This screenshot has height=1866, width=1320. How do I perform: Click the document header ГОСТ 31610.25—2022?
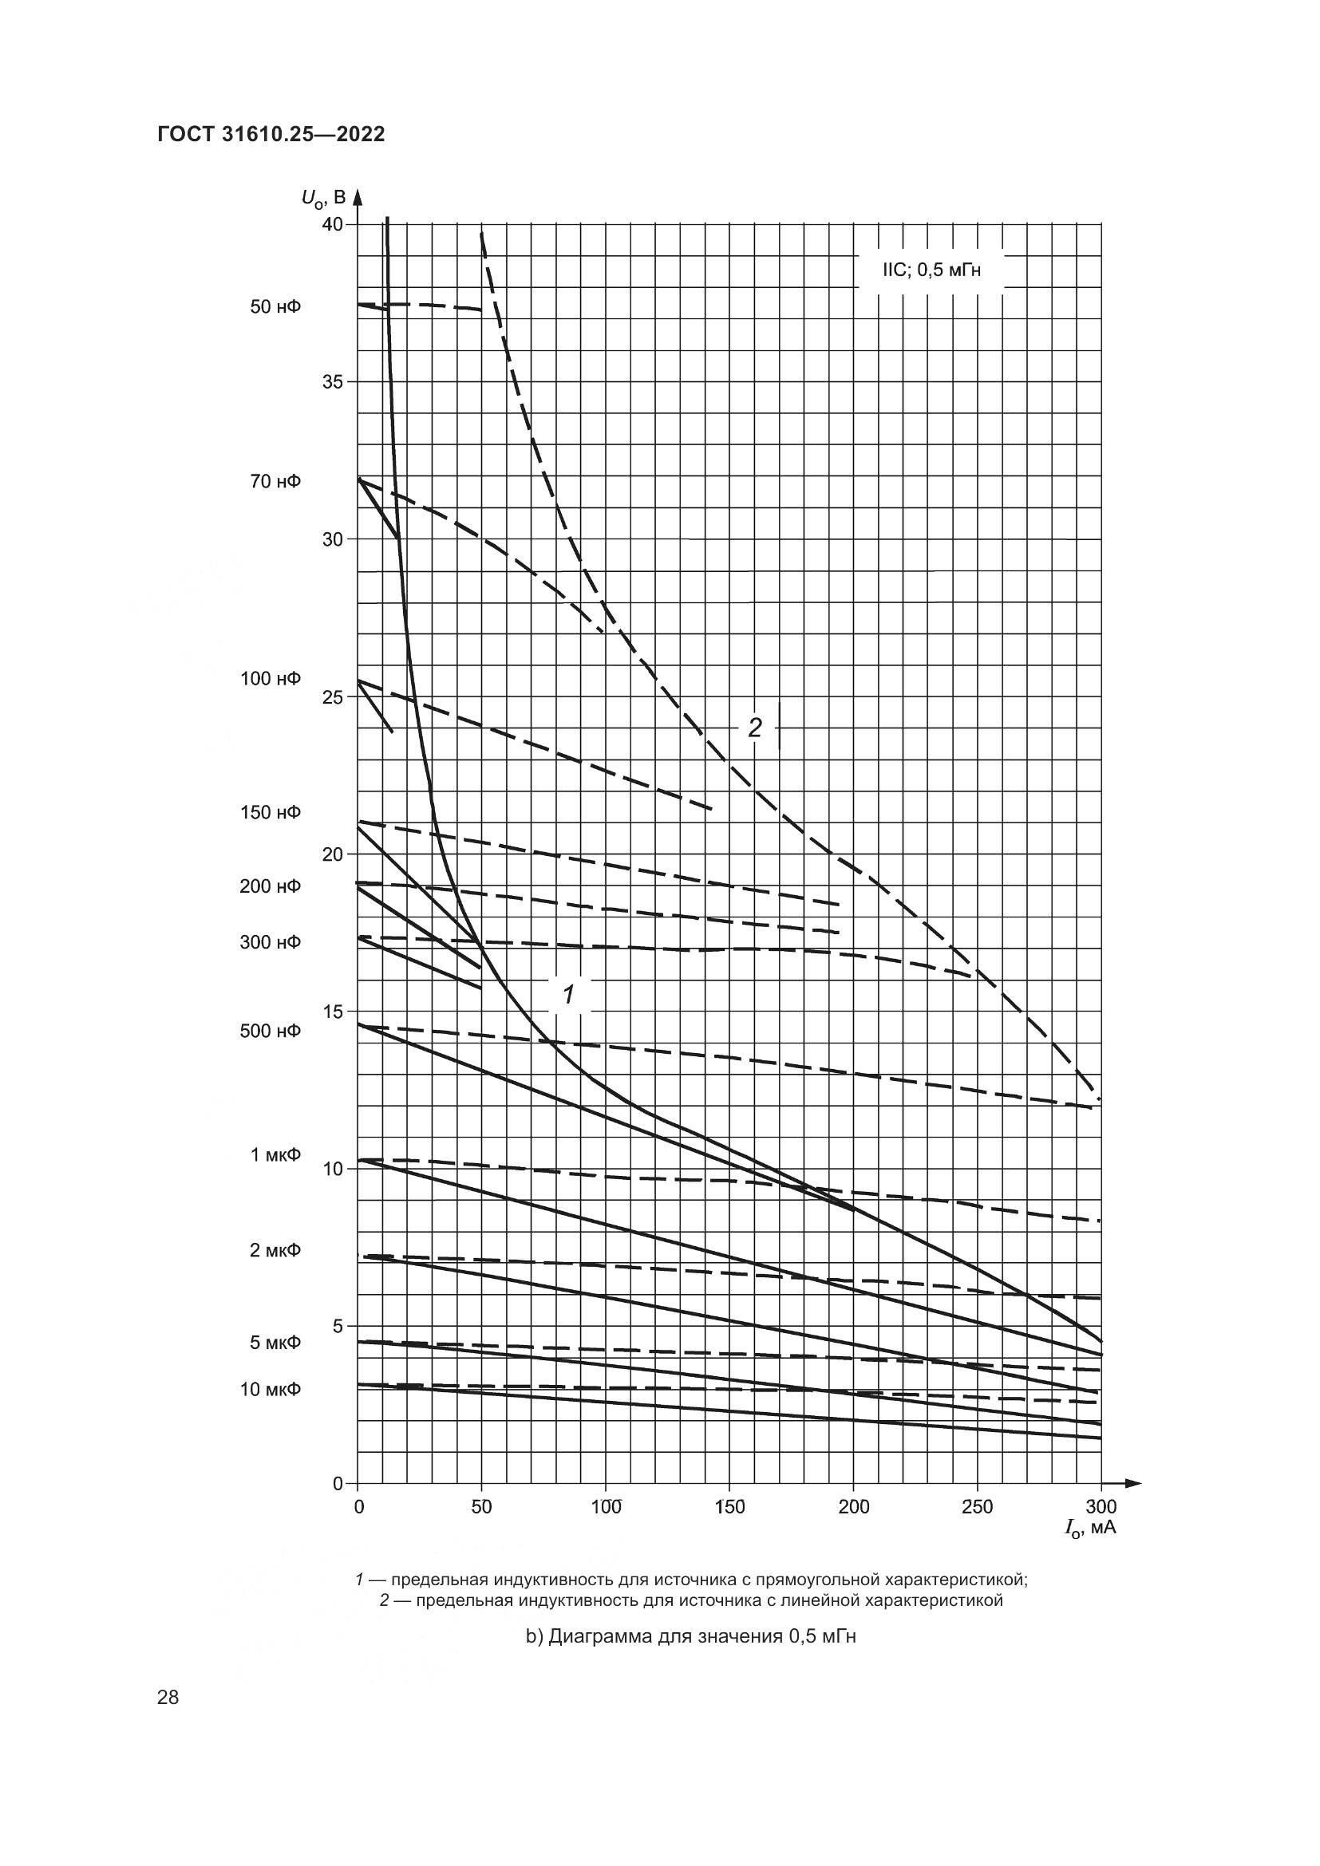coord(271,135)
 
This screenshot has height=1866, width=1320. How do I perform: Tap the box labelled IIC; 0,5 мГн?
coord(931,270)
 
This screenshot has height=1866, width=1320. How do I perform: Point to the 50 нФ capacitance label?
coord(275,307)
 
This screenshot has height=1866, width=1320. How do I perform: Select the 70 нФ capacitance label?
coord(275,482)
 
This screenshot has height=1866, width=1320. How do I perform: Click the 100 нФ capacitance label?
coord(271,679)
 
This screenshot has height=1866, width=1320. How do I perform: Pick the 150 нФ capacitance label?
coord(271,813)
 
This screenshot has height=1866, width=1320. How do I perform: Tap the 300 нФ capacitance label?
coord(271,943)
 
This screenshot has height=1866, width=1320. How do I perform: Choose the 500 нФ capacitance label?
coord(271,1032)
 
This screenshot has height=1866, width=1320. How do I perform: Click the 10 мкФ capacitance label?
coord(271,1390)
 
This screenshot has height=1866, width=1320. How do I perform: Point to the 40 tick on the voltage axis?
coord(333,224)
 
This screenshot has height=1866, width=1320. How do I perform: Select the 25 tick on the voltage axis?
coord(333,697)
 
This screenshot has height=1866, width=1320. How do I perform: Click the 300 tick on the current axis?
coord(1101,1508)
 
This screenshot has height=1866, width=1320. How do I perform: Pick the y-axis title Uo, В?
coord(323,198)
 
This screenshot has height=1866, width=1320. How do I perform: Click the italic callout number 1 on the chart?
coord(570,993)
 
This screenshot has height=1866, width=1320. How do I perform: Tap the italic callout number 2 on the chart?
coord(754,728)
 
